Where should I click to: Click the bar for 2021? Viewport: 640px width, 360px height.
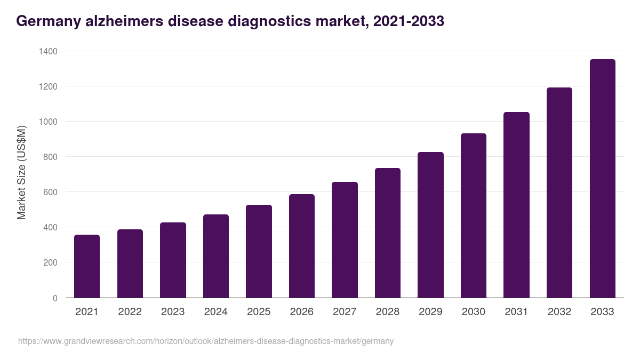pyautogui.click(x=87, y=266)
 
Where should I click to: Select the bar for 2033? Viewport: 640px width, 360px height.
pyautogui.click(x=602, y=179)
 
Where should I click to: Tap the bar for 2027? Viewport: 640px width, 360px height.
pyautogui.click(x=345, y=240)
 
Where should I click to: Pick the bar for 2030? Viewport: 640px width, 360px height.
pyautogui.click(x=474, y=215)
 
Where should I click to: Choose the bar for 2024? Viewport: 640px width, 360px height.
pyautogui.click(x=216, y=256)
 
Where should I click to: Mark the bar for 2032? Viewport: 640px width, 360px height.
pyautogui.click(x=559, y=193)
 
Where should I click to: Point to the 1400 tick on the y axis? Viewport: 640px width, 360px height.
pyautogui.click(x=48, y=51)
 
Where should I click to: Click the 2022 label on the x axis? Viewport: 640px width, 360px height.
pyautogui.click(x=130, y=312)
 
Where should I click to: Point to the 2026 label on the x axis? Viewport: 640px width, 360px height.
pyautogui.click(x=302, y=312)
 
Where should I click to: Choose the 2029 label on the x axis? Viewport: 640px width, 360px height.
pyautogui.click(x=430, y=312)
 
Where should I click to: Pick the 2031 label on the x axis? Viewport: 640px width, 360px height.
pyautogui.click(x=516, y=312)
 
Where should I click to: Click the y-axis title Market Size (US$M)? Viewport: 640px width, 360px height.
pyautogui.click(x=22, y=173)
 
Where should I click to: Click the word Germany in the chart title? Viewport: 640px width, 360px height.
pyautogui.click(x=48, y=22)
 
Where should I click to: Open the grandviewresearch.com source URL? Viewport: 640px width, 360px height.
pyautogui.click(x=206, y=341)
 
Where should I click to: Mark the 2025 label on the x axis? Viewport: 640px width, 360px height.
pyautogui.click(x=259, y=312)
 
